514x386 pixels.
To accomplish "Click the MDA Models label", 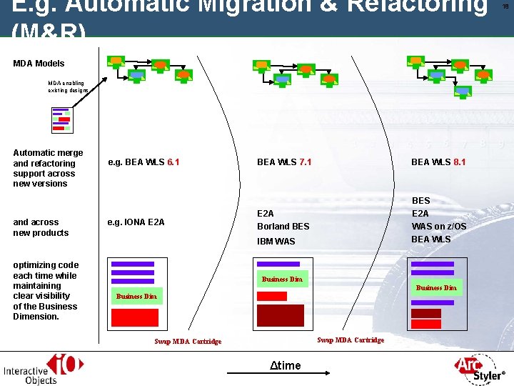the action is [39, 64].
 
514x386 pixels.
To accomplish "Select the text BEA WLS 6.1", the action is [143, 162].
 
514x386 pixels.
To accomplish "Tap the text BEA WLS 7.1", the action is [283, 162].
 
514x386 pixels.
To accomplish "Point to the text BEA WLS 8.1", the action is [438, 162].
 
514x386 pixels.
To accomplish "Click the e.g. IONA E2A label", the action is [136, 222].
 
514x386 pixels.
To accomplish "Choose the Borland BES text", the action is [283, 227].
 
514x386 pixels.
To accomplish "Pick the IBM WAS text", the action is [275, 242].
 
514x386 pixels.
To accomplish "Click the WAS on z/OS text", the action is [439, 227].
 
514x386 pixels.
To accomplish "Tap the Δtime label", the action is [285, 366].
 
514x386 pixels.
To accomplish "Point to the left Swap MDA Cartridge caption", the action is [188, 342].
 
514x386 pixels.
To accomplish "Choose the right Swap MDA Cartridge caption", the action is [350, 340].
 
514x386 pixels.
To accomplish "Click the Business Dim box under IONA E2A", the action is [135, 296].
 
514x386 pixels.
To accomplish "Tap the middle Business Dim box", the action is [282, 279].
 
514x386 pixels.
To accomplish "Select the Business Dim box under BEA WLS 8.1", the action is [435, 288].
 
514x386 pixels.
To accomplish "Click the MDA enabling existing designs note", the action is [69, 86].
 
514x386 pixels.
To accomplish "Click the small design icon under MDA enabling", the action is [62, 119].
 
